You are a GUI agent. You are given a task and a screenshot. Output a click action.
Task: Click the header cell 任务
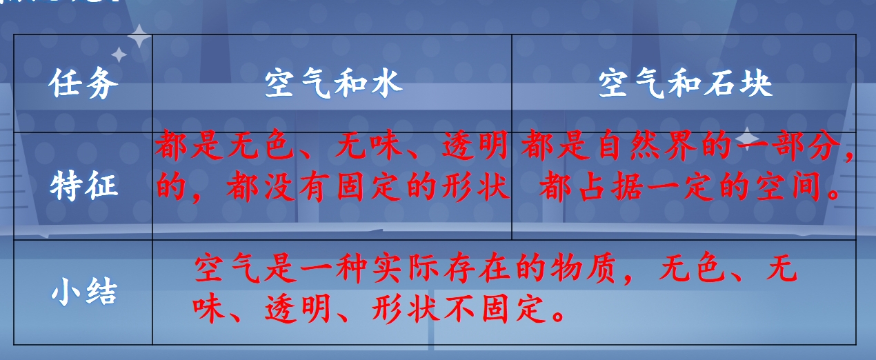coord(83,83)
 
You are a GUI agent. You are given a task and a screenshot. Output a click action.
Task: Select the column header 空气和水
coord(333,83)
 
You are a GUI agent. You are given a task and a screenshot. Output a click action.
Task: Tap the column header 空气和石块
coord(685,83)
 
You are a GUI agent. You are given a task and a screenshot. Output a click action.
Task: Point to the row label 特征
coord(83,185)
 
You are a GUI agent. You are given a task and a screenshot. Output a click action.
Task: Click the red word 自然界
coord(648,145)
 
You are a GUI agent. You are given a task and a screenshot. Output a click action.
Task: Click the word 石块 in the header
coord(738,83)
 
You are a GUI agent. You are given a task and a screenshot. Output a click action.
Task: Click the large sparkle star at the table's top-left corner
coord(139,36)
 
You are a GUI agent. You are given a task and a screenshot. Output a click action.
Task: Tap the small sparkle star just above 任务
coord(119,54)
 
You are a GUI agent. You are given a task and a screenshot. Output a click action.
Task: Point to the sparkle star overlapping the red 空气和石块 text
coord(747,139)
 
